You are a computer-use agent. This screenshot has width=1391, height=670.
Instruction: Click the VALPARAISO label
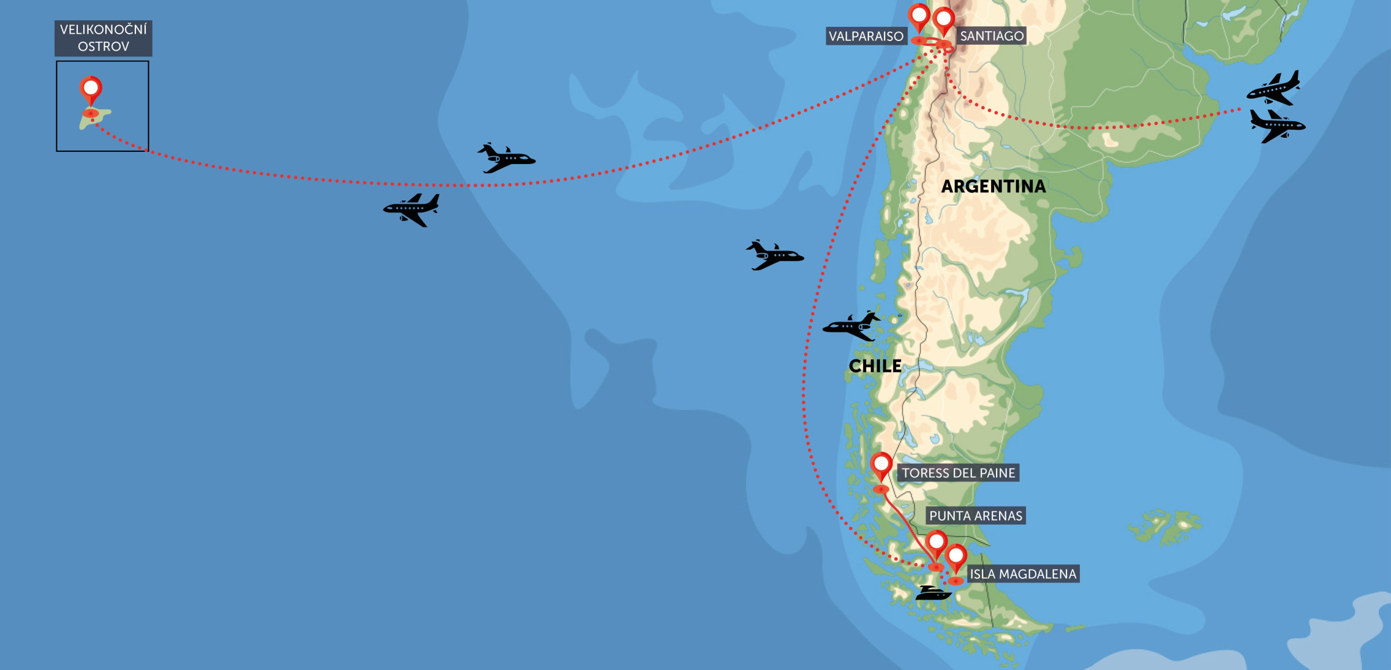[x=865, y=36]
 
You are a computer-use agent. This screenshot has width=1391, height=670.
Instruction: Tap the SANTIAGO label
[x=991, y=36]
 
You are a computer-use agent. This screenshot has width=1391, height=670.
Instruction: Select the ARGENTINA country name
[x=993, y=186]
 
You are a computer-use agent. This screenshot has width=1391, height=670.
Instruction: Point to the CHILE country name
[x=875, y=366]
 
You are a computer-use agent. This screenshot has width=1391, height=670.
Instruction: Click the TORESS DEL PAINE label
[x=958, y=473]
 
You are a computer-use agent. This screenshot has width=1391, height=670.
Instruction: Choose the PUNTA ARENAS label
[x=975, y=516]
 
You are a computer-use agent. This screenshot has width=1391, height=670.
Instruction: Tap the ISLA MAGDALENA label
[x=1022, y=574]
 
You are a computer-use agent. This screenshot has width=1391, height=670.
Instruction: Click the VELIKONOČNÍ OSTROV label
[x=103, y=38]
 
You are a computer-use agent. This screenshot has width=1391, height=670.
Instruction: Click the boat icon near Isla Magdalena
[x=933, y=593]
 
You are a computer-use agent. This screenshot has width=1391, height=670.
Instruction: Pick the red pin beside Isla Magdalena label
[x=956, y=557]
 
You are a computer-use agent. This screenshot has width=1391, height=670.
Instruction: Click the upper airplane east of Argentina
[x=1274, y=88]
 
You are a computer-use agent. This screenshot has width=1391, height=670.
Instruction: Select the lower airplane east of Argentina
[x=1277, y=126]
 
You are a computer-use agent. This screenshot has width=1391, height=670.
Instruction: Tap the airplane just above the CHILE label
[x=851, y=326]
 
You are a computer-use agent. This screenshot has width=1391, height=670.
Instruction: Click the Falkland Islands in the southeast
[x=1164, y=525]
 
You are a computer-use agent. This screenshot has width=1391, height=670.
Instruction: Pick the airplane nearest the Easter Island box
[x=412, y=209]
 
